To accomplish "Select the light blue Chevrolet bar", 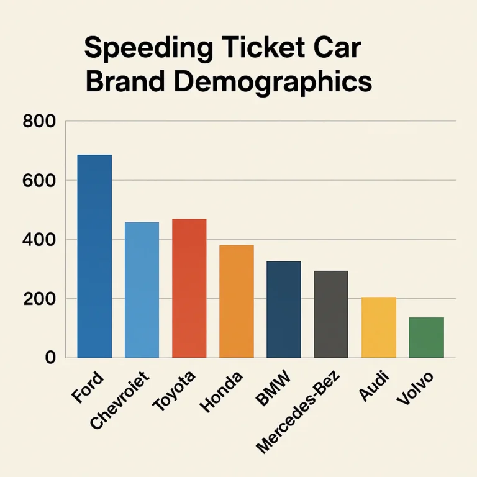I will tap(142, 289).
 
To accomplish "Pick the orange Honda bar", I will tap(237, 301).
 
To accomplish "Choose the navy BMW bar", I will tap(284, 309).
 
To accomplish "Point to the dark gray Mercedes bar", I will tap(330, 314).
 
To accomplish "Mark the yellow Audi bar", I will tap(378, 327).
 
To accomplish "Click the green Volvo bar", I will tap(426, 337).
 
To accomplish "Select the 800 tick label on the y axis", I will tap(39, 122).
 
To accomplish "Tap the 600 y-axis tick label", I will tap(39, 181).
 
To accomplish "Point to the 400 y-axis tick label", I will tap(39, 240).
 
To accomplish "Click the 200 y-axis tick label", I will tap(39, 299).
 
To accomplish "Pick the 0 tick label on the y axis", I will tap(50, 358).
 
